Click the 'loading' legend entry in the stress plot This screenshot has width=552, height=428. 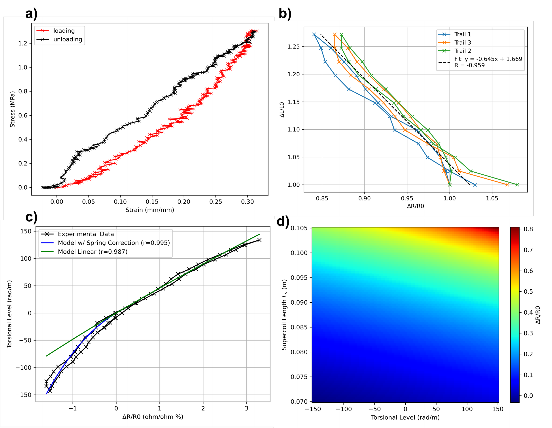tap(64, 31)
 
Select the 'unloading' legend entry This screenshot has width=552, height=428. tap(68, 40)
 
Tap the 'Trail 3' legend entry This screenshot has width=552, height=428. tap(463, 42)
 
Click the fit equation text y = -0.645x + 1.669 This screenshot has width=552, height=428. tap(488, 59)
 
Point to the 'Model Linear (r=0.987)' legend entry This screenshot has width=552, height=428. tap(93, 252)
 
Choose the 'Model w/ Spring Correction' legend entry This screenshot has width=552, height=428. tap(114, 243)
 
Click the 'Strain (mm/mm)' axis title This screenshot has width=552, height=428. tap(150, 210)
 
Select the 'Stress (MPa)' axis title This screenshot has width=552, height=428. tap(12, 109)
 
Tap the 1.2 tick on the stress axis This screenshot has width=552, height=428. tap(23, 43)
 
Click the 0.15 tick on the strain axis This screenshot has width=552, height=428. tap(152, 202)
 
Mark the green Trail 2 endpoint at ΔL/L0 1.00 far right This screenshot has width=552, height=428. tap(517, 185)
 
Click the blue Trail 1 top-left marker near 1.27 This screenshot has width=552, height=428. tap(314, 35)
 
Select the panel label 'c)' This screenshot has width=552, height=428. tap(31, 217)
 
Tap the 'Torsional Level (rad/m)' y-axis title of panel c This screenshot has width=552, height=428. tap(9, 314)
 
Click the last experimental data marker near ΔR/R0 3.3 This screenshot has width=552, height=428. tap(259, 240)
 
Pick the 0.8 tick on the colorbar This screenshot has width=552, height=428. tap(528, 229)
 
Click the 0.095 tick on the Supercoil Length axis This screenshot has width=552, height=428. tap(299, 278)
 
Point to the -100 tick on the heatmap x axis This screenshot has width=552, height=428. tap(344, 409)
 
